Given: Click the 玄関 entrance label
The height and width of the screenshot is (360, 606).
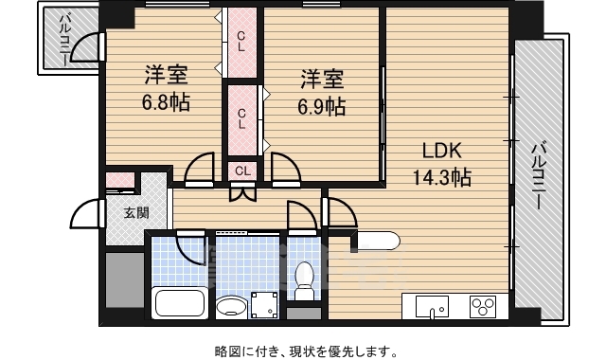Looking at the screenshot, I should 136,212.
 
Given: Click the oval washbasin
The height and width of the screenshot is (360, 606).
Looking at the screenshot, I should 230,307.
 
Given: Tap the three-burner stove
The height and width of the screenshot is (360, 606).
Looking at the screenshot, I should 483,307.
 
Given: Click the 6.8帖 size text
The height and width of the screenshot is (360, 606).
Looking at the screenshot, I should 166,102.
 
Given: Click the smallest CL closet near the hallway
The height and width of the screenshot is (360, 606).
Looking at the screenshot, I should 242,171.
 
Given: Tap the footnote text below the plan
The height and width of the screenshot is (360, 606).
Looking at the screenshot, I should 303,351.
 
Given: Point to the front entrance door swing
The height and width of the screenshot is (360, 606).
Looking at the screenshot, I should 87,214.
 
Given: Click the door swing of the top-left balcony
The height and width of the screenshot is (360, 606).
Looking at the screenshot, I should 87,48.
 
